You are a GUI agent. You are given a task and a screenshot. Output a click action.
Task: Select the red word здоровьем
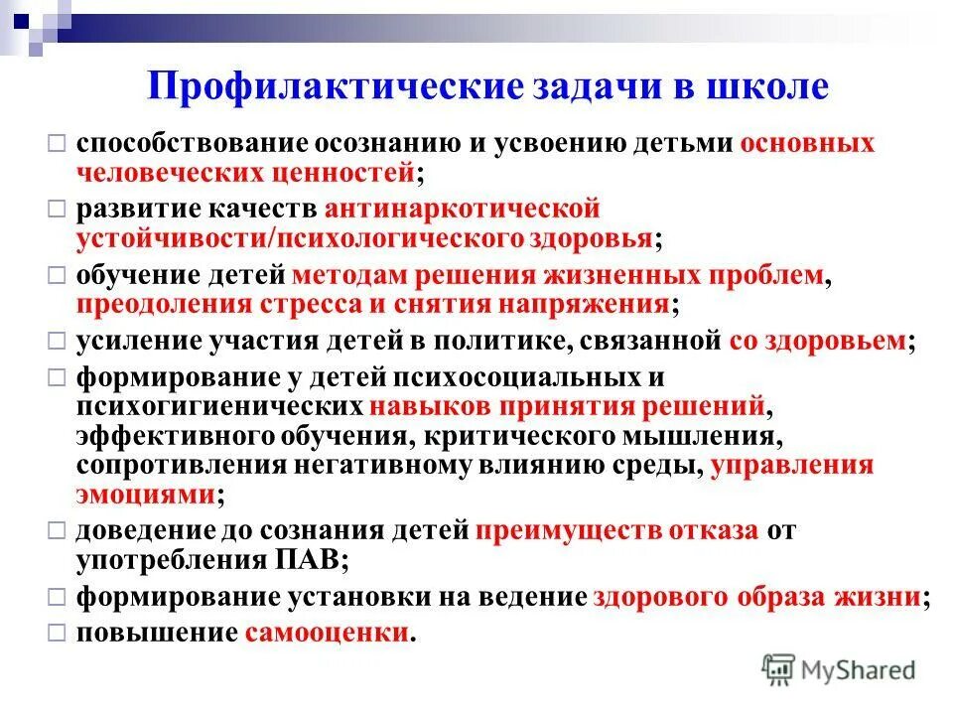click(836, 341)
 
